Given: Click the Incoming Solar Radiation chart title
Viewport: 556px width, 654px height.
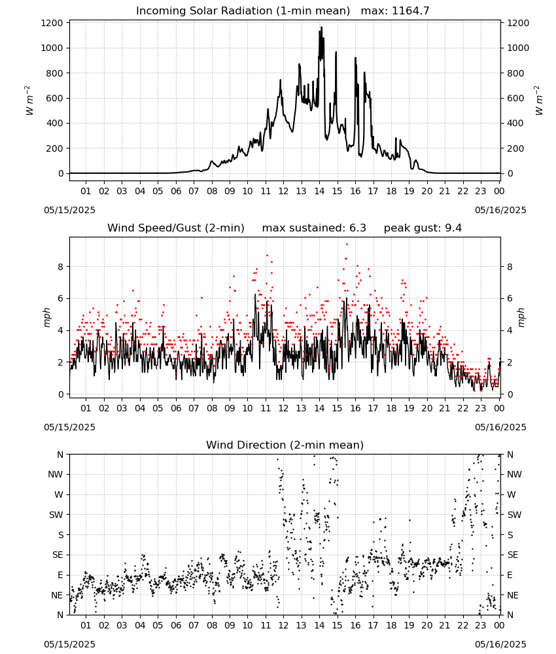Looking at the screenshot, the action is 243,11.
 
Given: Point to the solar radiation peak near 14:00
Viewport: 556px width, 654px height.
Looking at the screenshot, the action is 321,27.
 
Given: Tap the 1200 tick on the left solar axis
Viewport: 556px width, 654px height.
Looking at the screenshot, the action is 52,23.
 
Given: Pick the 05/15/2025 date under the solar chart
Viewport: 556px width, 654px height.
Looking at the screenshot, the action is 69,210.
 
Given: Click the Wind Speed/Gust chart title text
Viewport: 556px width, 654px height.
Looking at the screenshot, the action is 176,228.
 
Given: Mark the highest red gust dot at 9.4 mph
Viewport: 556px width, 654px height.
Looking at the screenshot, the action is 347,245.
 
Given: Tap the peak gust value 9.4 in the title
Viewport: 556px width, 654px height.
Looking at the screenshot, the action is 453,228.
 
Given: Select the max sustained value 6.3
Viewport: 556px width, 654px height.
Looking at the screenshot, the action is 357,228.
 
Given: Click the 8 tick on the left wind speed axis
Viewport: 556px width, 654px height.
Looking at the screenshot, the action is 61,267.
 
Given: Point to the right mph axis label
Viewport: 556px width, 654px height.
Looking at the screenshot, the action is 521,317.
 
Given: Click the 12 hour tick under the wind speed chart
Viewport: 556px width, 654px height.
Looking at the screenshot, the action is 283,408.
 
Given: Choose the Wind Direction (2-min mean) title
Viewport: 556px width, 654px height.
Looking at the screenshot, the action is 285,445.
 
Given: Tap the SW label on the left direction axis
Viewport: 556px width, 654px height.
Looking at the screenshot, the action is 56,515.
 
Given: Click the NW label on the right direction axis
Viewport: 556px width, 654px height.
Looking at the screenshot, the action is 514,475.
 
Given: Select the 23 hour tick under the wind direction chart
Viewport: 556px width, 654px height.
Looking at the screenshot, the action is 481,625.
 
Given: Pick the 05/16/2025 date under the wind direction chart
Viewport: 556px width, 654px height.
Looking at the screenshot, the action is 500,644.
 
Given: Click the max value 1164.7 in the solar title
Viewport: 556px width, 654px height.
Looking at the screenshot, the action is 410,11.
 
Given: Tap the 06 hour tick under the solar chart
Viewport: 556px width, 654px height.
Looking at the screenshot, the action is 176,191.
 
